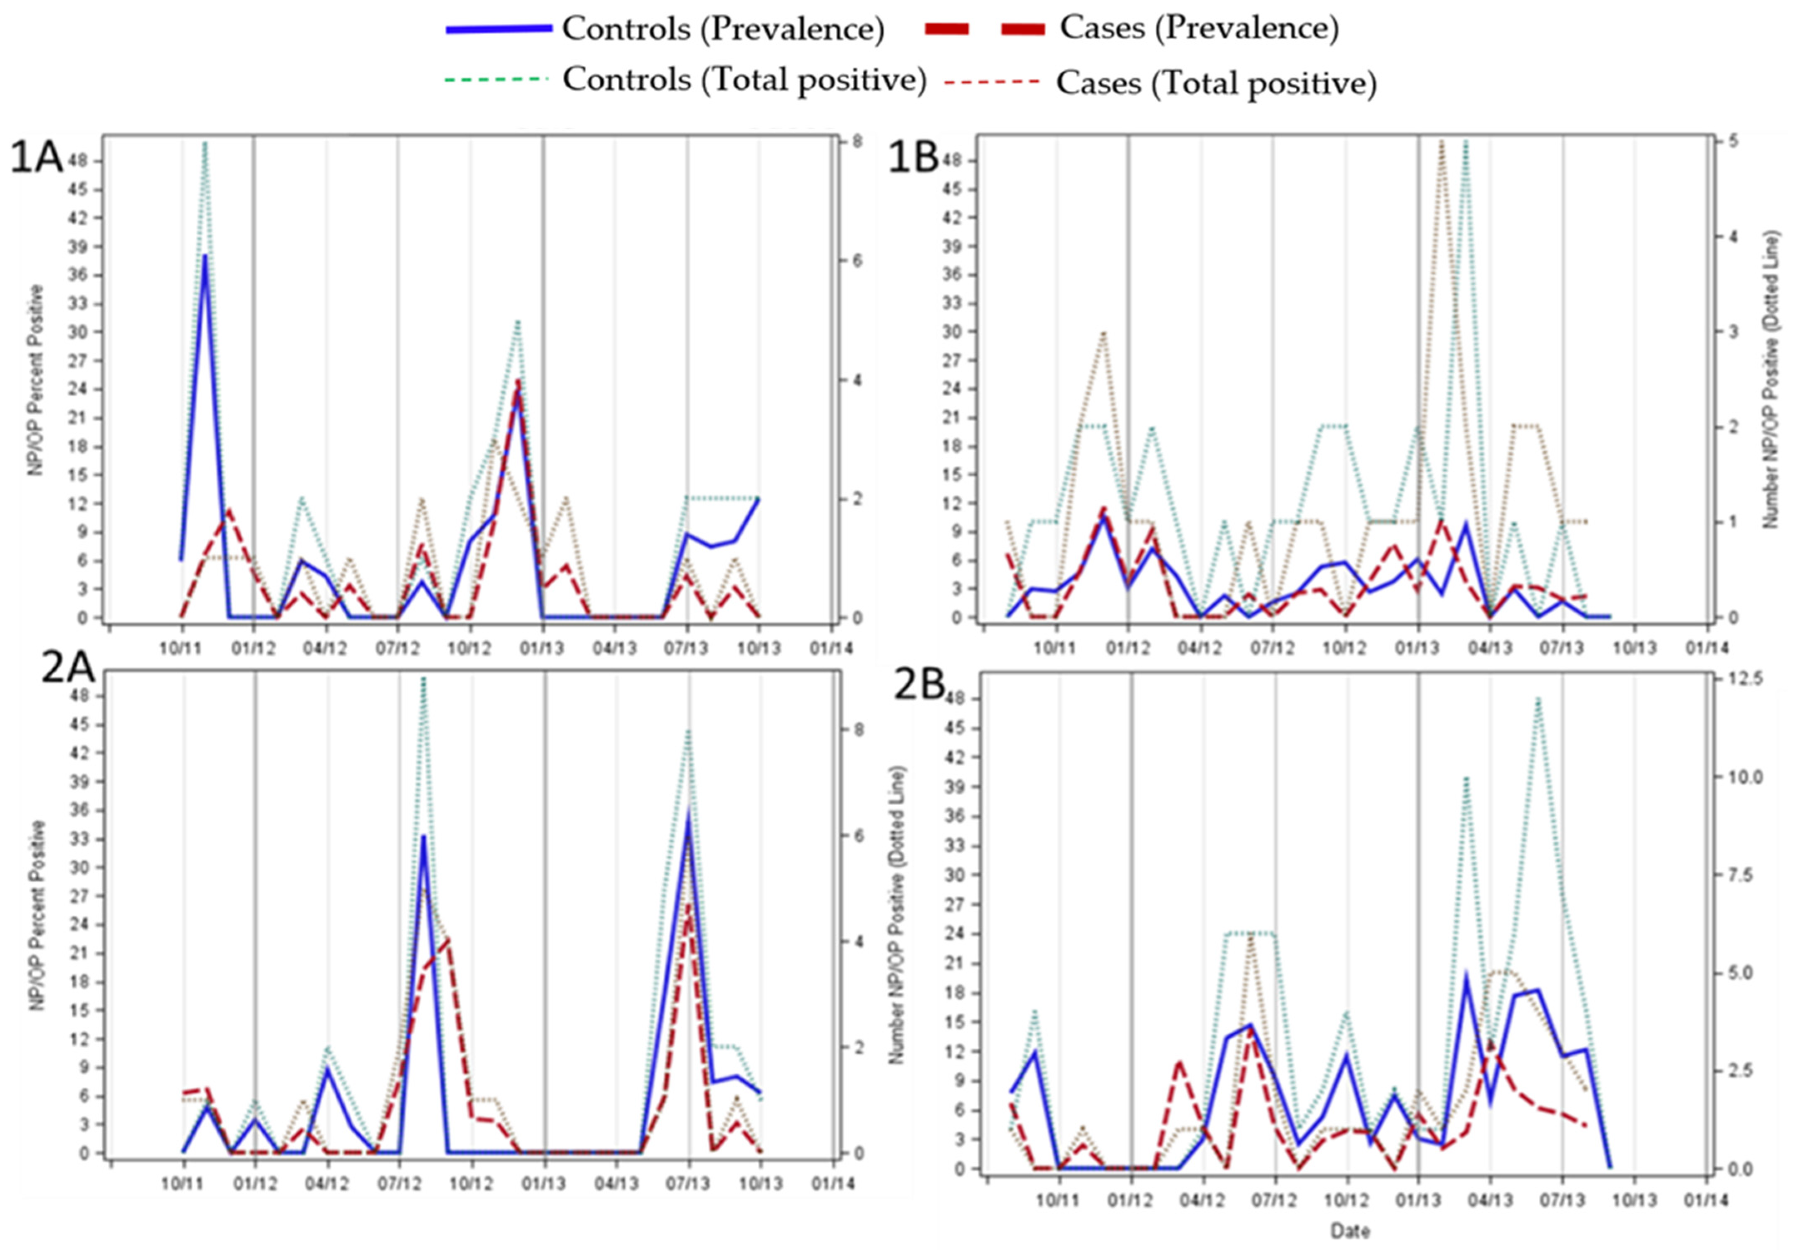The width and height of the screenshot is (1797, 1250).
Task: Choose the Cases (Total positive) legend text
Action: pyautogui.click(x=1215, y=83)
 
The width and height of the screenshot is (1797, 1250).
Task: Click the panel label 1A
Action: pyautogui.click(x=36, y=159)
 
